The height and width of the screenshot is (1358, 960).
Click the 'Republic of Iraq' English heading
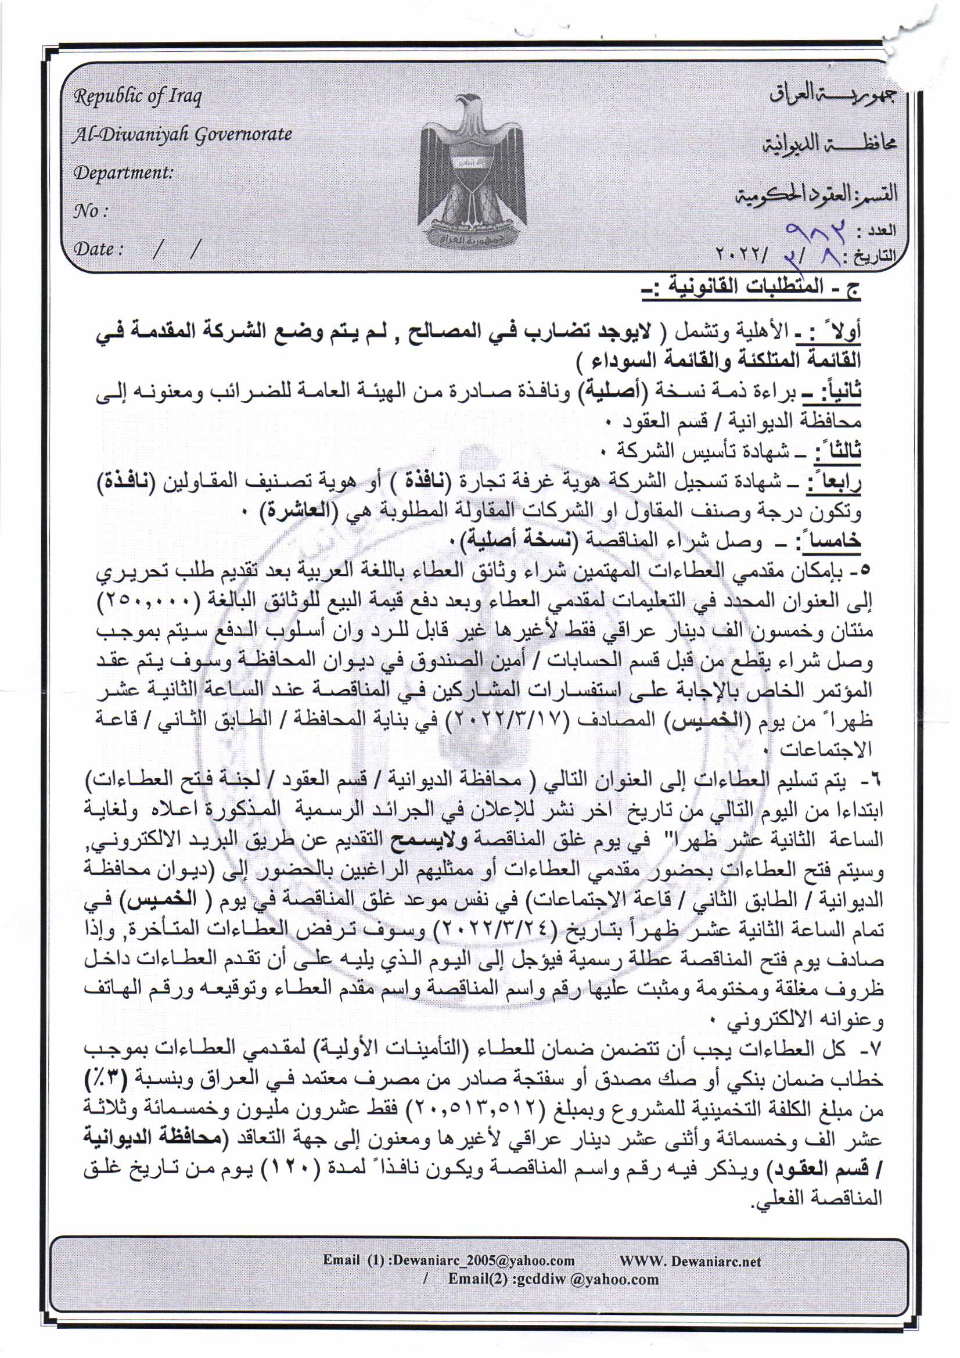pos(137,96)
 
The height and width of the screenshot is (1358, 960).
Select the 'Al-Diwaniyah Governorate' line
pos(182,135)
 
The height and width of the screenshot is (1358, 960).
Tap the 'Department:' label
pos(123,173)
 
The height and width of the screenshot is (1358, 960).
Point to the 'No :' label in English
pos(90,211)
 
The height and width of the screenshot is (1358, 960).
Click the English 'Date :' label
pos(98,249)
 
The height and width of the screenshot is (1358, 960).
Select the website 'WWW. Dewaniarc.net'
pos(691,1260)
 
